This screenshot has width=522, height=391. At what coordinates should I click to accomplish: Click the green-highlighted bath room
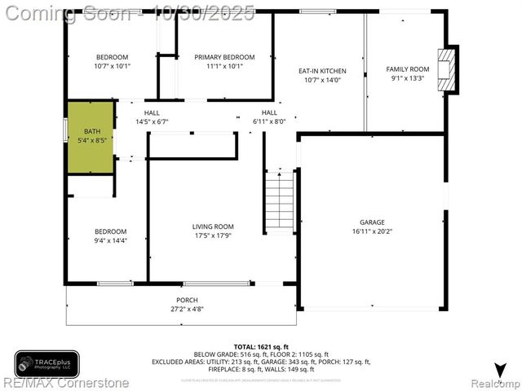pos(90,136)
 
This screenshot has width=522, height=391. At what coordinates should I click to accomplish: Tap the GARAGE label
pos(373,222)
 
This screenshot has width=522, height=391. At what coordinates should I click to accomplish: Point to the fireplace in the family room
pos(447,72)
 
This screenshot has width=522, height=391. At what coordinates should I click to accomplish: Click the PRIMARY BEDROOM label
pos(224,57)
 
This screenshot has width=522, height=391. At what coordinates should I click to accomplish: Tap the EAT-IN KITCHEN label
pos(321,71)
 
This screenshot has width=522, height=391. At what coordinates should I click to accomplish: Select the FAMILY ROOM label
pos(407,69)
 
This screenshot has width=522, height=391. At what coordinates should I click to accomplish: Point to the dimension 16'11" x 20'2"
pos(373,231)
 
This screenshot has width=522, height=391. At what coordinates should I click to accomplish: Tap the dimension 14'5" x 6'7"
pos(152,121)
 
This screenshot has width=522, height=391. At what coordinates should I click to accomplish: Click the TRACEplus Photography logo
pos(46,362)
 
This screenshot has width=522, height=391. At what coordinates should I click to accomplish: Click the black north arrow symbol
pos(498,369)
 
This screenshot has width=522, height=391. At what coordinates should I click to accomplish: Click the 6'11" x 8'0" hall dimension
pos(269,121)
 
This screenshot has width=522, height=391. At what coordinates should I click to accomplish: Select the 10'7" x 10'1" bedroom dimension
pos(112,66)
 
